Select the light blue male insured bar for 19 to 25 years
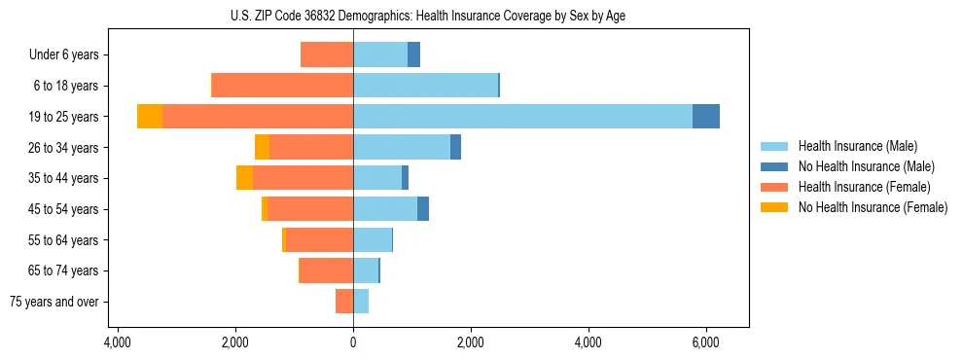(522, 116)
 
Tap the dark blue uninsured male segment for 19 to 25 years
(706, 116)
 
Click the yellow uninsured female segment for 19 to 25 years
(150, 116)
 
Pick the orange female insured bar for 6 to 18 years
(282, 85)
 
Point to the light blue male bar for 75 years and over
(361, 302)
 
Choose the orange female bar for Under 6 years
(327, 54)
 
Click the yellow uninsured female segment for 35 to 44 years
(244, 178)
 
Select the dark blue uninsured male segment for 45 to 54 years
(423, 208)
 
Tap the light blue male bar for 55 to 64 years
(373, 239)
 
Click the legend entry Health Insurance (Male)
(856, 146)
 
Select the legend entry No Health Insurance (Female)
(873, 207)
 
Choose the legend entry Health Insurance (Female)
(864, 187)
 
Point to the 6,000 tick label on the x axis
(705, 342)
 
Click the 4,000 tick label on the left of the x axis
(117, 342)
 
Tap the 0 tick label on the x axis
(353, 342)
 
